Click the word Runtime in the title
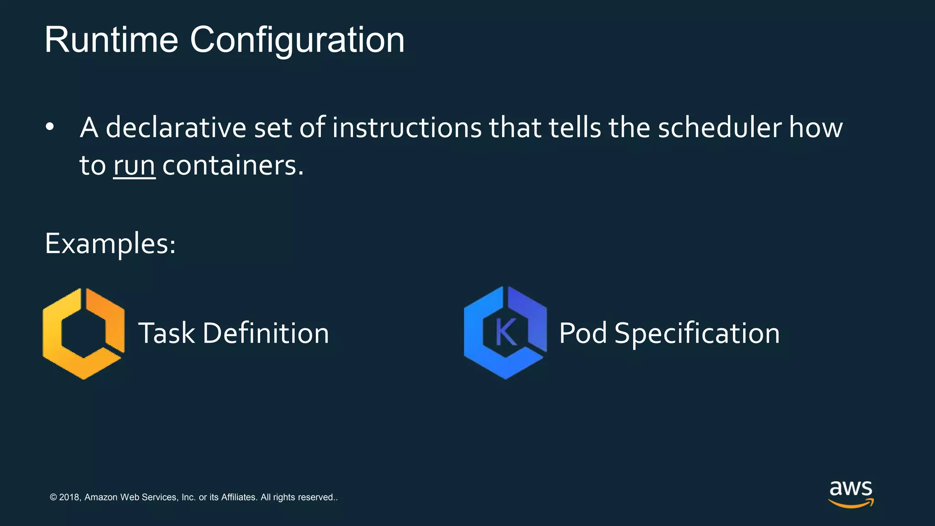(111, 40)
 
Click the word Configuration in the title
(297, 40)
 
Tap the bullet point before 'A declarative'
(50, 127)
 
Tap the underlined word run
(134, 165)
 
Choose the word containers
(232, 165)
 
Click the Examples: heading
(110, 243)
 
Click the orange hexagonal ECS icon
(84, 333)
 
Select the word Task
(166, 333)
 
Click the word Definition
(266, 333)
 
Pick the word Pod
(583, 333)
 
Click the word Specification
(697, 333)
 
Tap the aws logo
(851, 493)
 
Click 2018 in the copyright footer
(69, 497)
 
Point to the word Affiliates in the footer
(239, 497)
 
